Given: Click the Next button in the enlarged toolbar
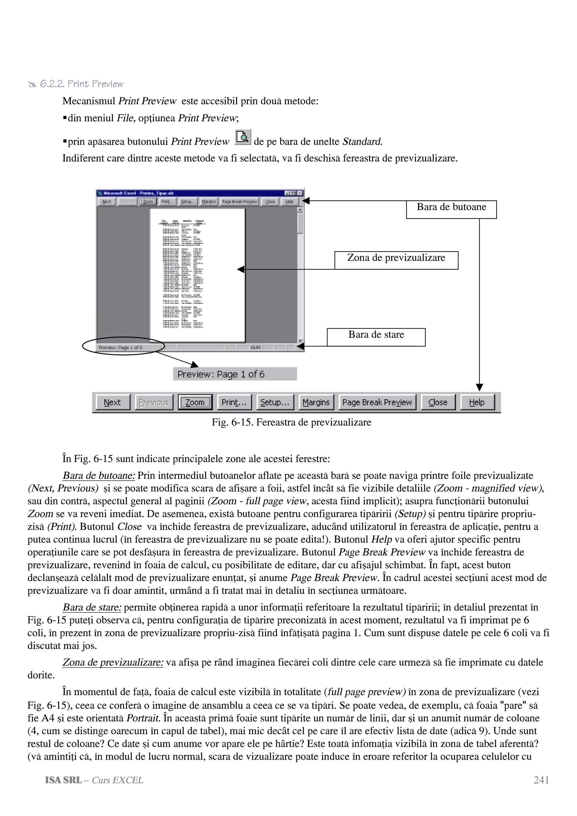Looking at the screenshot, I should (x=113, y=402).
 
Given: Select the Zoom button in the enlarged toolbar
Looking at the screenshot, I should (x=195, y=402).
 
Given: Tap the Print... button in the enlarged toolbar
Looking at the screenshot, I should (x=234, y=402).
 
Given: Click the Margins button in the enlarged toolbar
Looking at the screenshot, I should (x=316, y=402).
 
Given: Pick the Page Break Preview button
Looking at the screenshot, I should (x=377, y=402).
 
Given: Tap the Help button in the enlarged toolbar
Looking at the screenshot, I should (x=477, y=402).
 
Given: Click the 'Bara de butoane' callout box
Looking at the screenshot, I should (x=451, y=209).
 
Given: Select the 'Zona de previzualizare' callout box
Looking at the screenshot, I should (x=396, y=260).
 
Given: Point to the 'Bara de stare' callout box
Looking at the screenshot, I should (x=376, y=337).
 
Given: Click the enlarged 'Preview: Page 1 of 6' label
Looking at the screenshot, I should (x=235, y=374).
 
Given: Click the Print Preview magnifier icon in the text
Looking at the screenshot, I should (x=243, y=137).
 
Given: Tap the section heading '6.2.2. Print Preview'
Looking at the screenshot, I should (x=81, y=84).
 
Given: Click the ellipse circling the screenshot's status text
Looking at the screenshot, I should (x=123, y=346).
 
